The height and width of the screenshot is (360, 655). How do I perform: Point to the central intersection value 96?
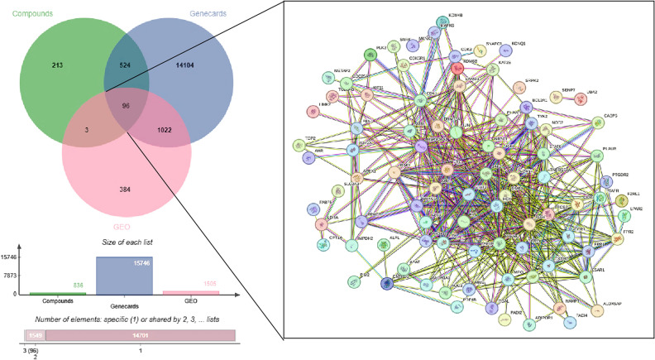[x=127, y=107]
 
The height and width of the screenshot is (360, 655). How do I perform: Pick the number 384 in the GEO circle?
[x=126, y=191]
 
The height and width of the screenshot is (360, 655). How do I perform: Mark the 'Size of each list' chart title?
[x=127, y=240]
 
